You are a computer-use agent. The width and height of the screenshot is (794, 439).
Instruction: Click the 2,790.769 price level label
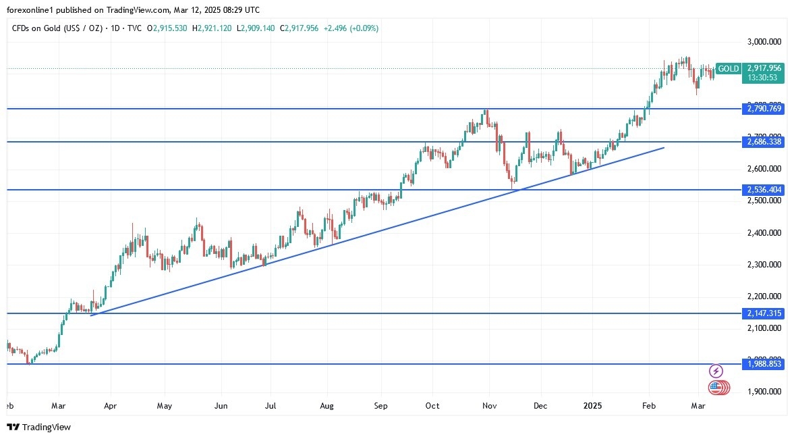[764, 109]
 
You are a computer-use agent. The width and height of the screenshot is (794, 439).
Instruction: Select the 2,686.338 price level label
[764, 142]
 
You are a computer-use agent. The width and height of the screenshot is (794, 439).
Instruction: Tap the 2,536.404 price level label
[764, 190]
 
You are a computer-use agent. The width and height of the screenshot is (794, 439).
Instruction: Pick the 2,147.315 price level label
[764, 313]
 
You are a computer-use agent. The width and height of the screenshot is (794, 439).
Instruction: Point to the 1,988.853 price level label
[764, 364]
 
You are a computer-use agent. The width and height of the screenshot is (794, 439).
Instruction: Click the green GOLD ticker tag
[729, 68]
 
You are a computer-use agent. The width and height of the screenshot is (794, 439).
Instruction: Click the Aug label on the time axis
[326, 406]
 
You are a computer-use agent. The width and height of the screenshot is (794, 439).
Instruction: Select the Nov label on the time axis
[490, 406]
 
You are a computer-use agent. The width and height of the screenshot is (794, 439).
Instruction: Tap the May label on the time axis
[165, 406]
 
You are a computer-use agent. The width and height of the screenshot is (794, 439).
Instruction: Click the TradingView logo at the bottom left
[38, 427]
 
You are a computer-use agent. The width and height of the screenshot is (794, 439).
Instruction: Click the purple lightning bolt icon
[716, 371]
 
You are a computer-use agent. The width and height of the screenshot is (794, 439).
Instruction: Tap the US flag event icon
[716, 388]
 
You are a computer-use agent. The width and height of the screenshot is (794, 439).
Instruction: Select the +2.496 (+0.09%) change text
[351, 28]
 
